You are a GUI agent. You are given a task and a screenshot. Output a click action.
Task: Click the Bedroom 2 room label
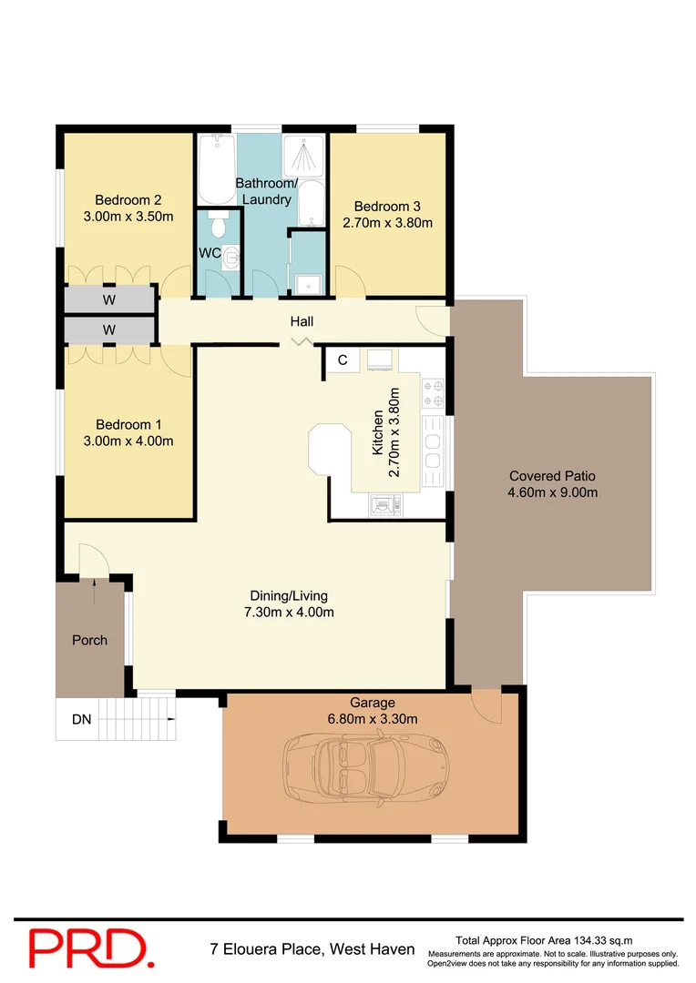(128, 200)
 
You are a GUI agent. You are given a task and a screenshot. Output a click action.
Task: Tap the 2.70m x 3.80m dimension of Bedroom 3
(387, 222)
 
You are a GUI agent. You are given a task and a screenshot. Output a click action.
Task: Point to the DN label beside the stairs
(82, 719)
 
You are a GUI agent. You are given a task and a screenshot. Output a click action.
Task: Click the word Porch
(89, 640)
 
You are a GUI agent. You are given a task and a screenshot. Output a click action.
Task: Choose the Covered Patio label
(552, 476)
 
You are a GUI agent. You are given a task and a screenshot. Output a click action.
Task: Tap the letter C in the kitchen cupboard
(343, 360)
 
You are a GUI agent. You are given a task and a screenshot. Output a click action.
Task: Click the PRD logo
(88, 947)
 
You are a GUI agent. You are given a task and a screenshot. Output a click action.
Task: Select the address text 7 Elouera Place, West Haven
(312, 949)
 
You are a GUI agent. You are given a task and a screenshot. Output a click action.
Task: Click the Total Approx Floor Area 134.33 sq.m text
(544, 940)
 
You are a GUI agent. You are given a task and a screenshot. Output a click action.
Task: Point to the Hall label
(302, 321)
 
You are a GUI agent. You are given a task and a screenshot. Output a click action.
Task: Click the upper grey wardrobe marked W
(108, 299)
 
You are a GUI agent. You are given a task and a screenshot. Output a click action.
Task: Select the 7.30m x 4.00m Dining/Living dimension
(289, 612)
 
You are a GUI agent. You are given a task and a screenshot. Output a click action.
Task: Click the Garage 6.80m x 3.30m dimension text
(373, 718)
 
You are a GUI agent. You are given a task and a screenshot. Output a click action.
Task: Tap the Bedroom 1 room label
(128, 424)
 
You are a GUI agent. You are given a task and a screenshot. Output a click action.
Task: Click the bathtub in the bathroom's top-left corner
(215, 169)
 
